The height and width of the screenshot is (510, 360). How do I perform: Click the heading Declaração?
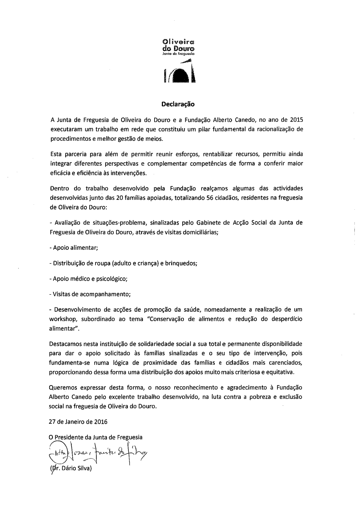(178, 104)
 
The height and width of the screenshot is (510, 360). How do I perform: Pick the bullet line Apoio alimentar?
(74, 248)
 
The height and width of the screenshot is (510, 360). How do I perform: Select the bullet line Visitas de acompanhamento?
(90, 294)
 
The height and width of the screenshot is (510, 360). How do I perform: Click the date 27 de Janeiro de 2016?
(78, 422)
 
